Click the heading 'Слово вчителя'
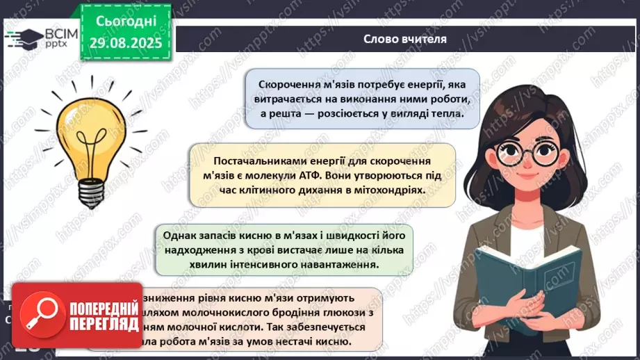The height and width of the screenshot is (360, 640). click(404, 39)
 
